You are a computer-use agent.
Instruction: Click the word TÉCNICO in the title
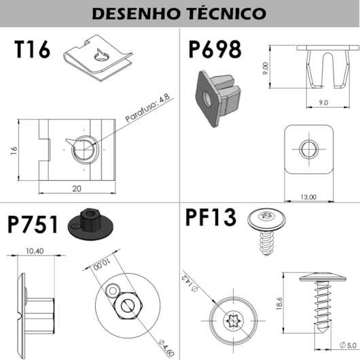226,14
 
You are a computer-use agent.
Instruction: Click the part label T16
32,50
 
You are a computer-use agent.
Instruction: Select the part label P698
215,50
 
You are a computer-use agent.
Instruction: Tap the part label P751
33,225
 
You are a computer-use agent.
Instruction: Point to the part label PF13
211,217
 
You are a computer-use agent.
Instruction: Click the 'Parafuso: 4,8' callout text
147,108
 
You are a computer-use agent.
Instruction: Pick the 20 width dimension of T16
77,189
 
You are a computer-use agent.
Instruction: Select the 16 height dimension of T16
14,150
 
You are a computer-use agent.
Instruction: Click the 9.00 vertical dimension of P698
266,68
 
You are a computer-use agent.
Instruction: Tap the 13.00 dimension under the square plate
308,197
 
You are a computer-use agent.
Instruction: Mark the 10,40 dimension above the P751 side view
35,251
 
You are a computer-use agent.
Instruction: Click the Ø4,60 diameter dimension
166,348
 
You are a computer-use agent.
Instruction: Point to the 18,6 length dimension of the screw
279,304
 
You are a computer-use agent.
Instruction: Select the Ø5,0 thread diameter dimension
348,345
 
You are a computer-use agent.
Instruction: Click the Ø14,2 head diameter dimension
190,282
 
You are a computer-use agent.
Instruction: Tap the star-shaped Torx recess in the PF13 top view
233,321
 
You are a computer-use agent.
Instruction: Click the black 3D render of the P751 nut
90,224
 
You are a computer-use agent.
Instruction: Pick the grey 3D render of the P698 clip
217,98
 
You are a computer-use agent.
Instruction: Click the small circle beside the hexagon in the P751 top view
113,291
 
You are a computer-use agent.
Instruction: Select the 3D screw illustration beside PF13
266,232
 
